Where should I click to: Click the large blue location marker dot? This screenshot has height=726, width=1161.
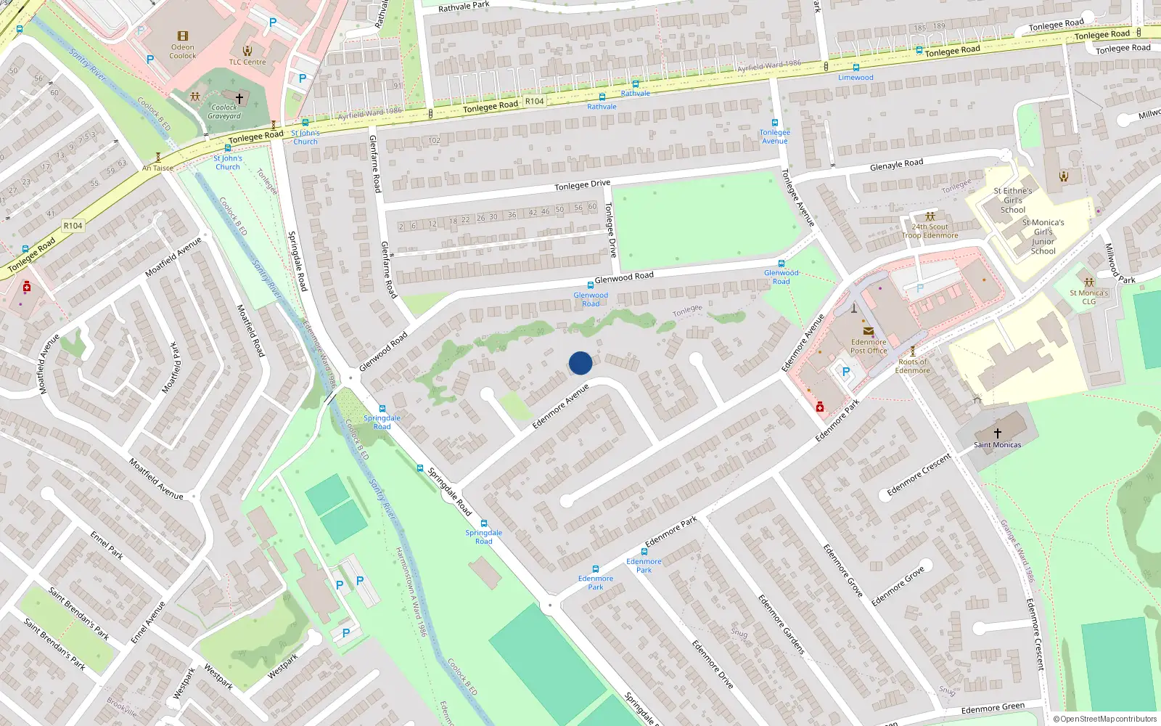(580, 363)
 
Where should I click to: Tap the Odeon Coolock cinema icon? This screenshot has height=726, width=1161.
(183, 36)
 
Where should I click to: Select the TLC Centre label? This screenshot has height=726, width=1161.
(247, 62)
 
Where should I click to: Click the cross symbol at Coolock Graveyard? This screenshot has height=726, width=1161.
(239, 98)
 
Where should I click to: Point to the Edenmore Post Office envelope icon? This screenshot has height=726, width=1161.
(868, 331)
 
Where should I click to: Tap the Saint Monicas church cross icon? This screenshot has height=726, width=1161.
(997, 433)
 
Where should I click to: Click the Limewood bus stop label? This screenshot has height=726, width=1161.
(856, 77)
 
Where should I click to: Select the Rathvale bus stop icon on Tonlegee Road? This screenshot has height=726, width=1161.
(636, 84)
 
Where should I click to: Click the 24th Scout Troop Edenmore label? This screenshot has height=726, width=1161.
(930, 231)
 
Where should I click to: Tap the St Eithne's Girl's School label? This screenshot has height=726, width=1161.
(1013, 200)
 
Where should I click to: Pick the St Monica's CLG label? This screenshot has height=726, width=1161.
(1088, 297)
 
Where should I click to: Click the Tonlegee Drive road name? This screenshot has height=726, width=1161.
(582, 185)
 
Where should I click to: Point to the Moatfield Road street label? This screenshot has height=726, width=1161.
(251, 330)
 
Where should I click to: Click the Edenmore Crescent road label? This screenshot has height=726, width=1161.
(919, 475)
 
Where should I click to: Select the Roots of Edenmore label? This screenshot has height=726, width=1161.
(912, 366)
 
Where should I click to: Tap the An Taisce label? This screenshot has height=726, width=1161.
(157, 168)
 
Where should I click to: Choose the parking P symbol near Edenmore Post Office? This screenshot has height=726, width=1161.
(845, 372)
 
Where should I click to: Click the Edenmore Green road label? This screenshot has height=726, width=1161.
(993, 708)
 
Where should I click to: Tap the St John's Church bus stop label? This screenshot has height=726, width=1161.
(305, 137)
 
